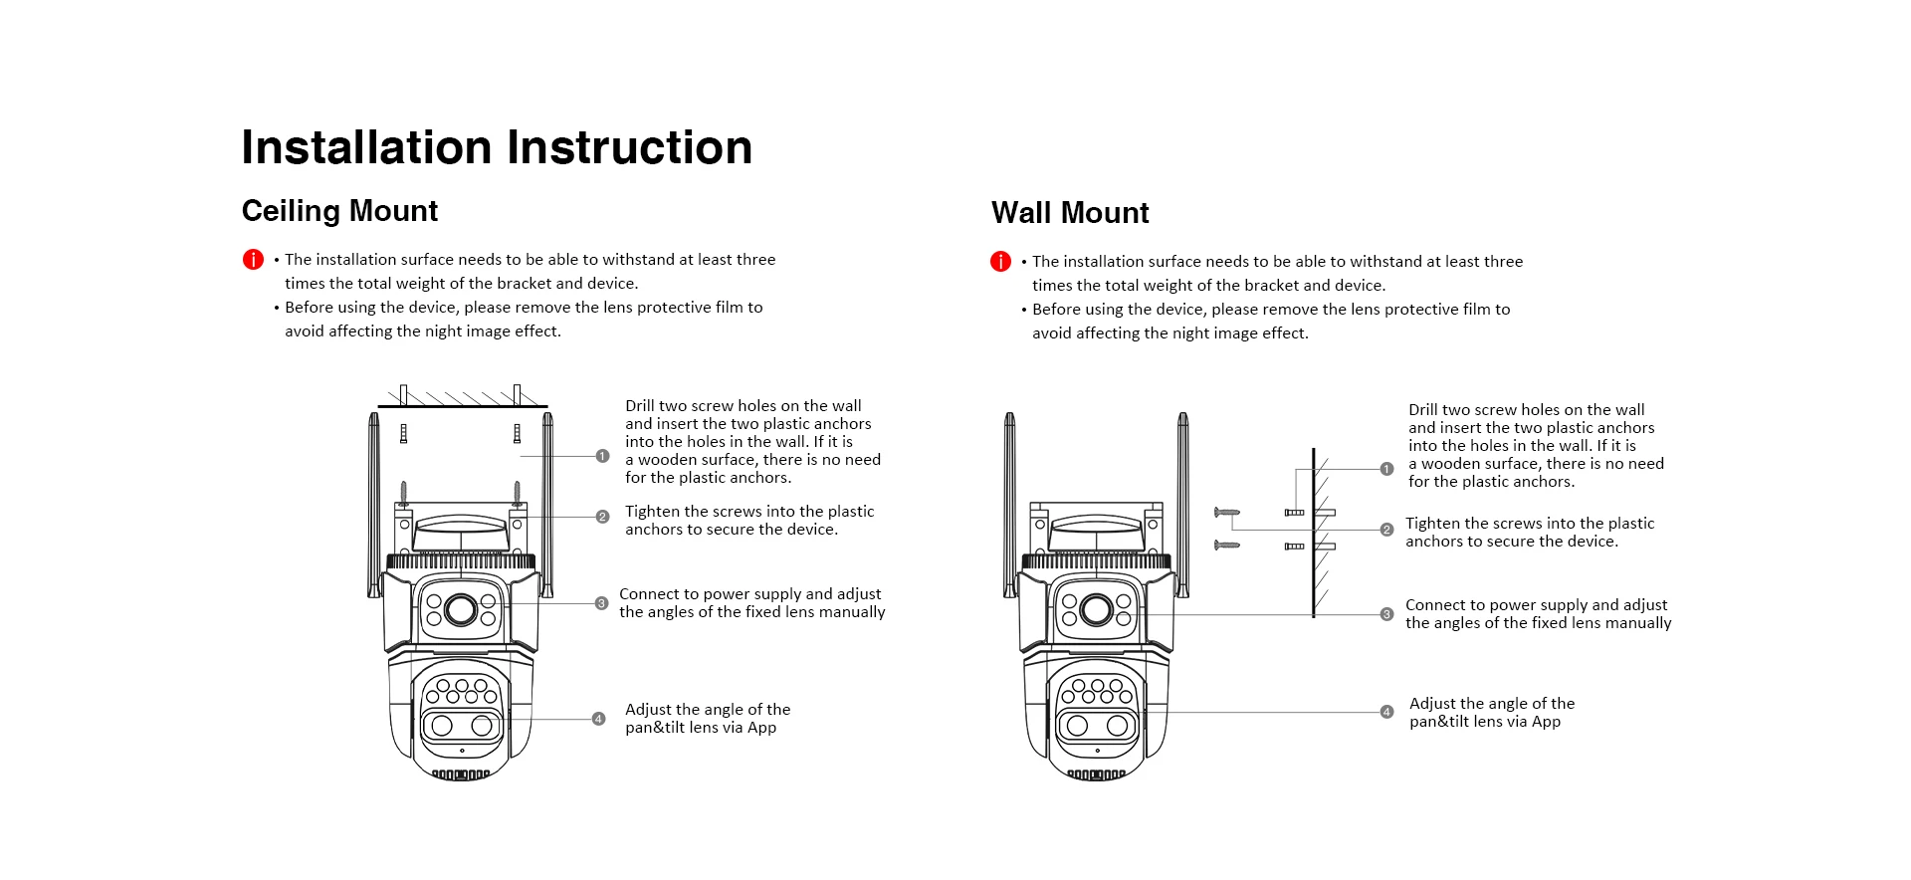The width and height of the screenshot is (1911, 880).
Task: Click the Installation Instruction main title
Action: click(496, 147)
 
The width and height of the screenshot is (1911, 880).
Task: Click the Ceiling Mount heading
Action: click(339, 211)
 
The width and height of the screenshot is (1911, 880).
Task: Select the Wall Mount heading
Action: click(1070, 213)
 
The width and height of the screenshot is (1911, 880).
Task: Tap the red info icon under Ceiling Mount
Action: click(253, 260)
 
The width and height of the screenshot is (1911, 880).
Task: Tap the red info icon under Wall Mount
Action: click(1000, 262)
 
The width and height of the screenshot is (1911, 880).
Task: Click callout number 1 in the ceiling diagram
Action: click(602, 456)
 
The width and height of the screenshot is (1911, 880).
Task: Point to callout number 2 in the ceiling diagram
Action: click(602, 517)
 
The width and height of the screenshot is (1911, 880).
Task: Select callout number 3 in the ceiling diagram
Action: click(601, 603)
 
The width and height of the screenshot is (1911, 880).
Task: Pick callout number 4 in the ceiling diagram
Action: click(598, 719)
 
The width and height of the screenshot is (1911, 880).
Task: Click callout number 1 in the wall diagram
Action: click(1386, 469)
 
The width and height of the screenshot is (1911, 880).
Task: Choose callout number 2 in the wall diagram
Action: click(1386, 530)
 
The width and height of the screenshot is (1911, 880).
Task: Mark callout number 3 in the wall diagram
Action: click(1386, 614)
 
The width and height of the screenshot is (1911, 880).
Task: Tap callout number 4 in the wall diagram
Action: click(1386, 712)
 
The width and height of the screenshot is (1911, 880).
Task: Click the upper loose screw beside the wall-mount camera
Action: click(1226, 513)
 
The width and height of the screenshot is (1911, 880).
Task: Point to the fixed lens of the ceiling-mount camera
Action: click(461, 608)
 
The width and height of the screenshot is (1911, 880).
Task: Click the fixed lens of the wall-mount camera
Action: click(1096, 609)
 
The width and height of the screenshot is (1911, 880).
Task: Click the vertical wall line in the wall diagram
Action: click(1314, 533)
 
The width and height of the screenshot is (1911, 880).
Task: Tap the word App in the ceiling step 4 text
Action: click(761, 728)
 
